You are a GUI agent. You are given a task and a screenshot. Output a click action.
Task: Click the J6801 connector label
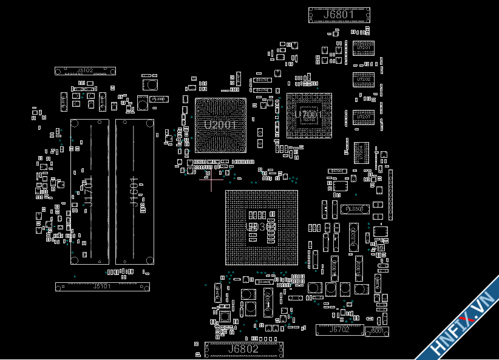click(x=339, y=15)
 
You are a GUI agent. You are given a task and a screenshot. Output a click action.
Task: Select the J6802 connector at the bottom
click(x=243, y=349)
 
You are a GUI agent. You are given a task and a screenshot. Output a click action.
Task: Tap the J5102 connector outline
click(x=85, y=71)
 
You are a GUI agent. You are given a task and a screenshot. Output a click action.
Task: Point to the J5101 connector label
click(x=102, y=287)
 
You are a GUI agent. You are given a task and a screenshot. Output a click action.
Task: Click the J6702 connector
click(x=339, y=330)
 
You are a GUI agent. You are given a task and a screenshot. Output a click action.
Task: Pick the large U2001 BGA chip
click(x=220, y=125)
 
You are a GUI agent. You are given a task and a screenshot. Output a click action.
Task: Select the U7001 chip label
click(x=309, y=114)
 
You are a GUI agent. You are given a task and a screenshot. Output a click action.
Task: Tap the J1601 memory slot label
click(x=135, y=192)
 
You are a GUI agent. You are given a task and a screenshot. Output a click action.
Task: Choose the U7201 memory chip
click(x=364, y=48)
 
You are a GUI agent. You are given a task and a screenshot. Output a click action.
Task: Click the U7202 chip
click(x=364, y=80)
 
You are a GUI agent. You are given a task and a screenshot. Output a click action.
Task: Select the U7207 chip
click(x=364, y=117)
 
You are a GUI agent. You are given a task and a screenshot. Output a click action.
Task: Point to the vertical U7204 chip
click(x=359, y=152)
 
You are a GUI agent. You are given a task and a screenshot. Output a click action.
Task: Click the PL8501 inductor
click(x=354, y=209)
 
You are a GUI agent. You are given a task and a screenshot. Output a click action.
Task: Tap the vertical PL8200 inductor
click(x=353, y=237)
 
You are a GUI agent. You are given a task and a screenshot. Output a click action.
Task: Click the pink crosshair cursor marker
click(x=211, y=179)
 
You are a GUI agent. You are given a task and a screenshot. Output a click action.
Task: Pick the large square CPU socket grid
click(x=262, y=227)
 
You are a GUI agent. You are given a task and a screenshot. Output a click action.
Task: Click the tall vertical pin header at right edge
click(x=390, y=194)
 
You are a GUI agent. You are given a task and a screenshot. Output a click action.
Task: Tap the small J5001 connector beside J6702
click(x=376, y=331)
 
